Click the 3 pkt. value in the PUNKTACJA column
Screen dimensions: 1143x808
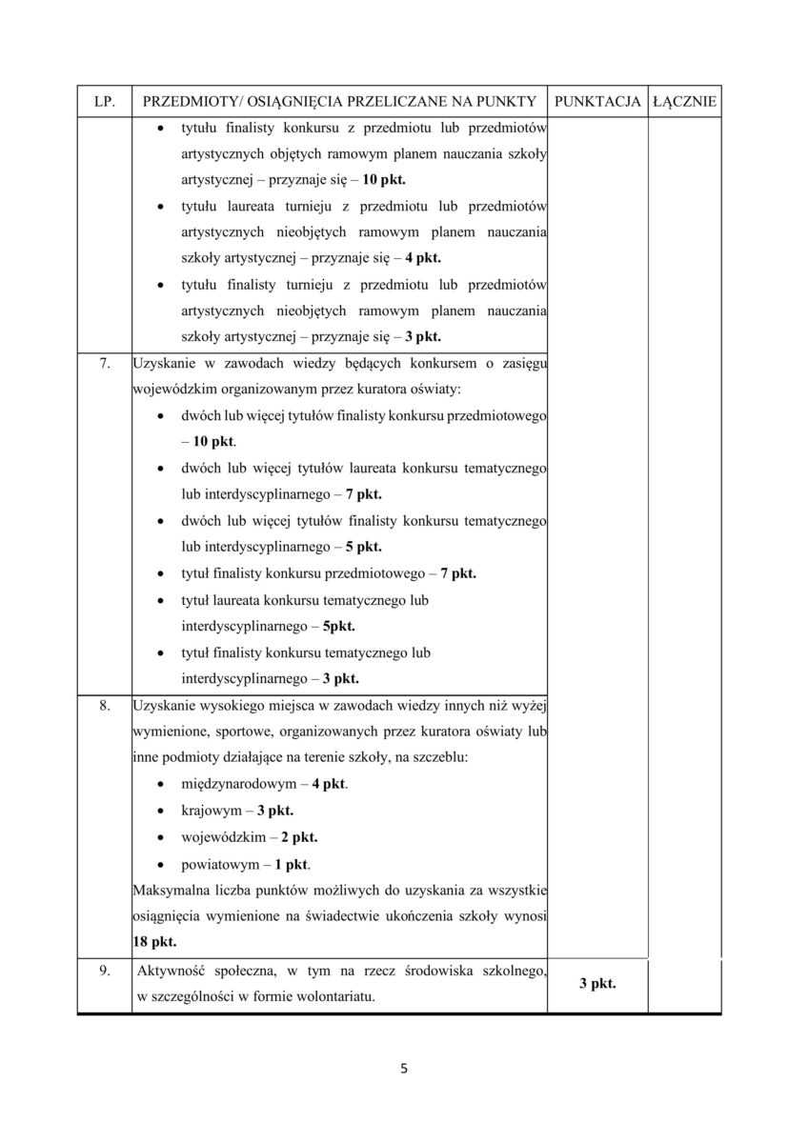click(x=596, y=984)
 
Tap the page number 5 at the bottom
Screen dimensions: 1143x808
click(x=404, y=1069)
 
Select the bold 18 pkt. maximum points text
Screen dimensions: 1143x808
click(x=154, y=940)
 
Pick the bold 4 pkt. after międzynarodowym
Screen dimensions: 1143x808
click(x=330, y=785)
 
